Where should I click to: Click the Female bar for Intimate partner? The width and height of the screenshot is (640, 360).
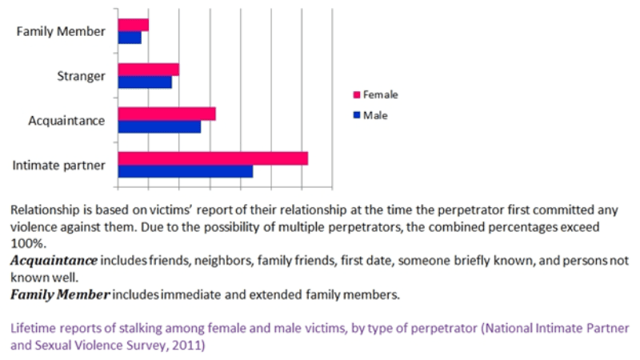pyautogui.click(x=213, y=158)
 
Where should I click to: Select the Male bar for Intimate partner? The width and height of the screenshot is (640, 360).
pyautogui.click(x=185, y=171)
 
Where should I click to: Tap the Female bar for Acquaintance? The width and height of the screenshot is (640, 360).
pyautogui.click(x=166, y=114)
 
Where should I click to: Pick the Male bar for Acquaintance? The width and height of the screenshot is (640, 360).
pyautogui.click(x=159, y=126)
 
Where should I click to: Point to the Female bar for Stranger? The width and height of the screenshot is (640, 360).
pyautogui.click(x=148, y=70)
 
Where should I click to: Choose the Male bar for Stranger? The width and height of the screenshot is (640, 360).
pyautogui.click(x=145, y=82)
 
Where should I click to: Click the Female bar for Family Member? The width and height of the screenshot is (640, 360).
pyautogui.click(x=133, y=25)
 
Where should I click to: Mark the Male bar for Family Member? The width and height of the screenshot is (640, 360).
pyautogui.click(x=130, y=38)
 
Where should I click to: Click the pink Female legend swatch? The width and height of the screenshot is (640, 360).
pyautogui.click(x=357, y=95)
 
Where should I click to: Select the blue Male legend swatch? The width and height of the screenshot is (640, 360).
pyautogui.click(x=357, y=115)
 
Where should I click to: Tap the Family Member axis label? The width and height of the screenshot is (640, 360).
pyautogui.click(x=61, y=32)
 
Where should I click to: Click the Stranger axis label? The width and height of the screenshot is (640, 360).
pyautogui.click(x=81, y=77)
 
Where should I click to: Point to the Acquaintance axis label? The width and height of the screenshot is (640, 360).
pyautogui.click(x=66, y=121)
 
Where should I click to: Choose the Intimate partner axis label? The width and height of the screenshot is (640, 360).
pyautogui.click(x=59, y=166)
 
